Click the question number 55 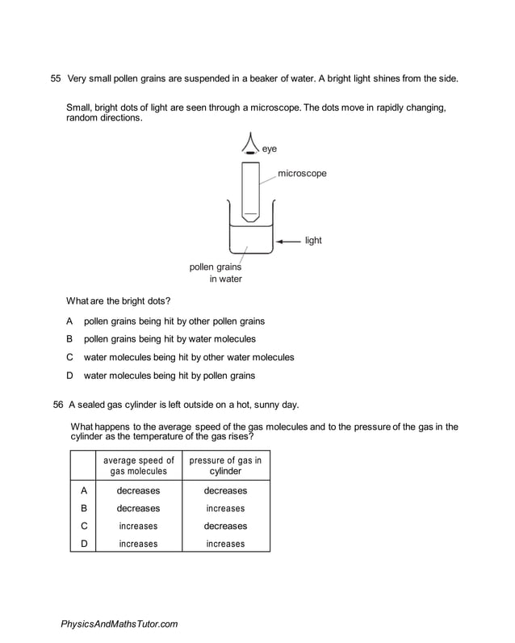click(x=56, y=78)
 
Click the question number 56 click(x=57, y=404)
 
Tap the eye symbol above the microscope click(x=251, y=145)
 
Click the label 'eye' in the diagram click(x=270, y=149)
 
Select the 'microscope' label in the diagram click(x=302, y=174)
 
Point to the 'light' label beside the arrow click(x=313, y=241)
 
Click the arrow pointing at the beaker click(x=288, y=241)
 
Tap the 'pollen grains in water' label click(x=216, y=273)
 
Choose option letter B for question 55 click(x=70, y=339)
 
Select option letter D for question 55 click(x=70, y=376)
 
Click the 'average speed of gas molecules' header click(x=138, y=466)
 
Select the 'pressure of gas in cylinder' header click(x=225, y=466)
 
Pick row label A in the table click(x=83, y=490)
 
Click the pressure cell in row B click(x=225, y=509)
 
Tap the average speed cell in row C click(x=138, y=527)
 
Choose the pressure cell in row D click(x=225, y=544)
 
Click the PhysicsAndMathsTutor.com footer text click(x=119, y=624)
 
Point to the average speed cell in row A click(x=138, y=491)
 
